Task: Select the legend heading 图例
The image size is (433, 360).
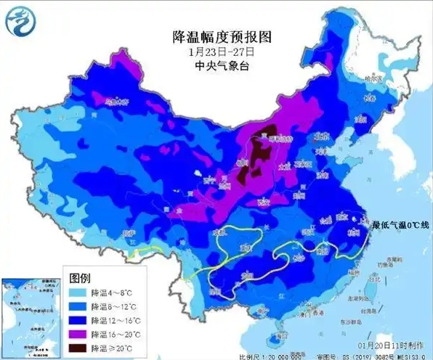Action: pos(79,278)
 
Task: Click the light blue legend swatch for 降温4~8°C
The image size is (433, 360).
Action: pos(78,292)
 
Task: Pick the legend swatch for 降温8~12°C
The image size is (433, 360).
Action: pos(78,306)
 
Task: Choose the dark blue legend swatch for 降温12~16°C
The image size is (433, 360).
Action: pos(78,320)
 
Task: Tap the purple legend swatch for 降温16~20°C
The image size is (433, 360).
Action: pos(78,334)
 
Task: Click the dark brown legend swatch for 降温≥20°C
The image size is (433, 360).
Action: pos(78,348)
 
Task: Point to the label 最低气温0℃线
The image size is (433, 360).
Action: pos(399,226)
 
